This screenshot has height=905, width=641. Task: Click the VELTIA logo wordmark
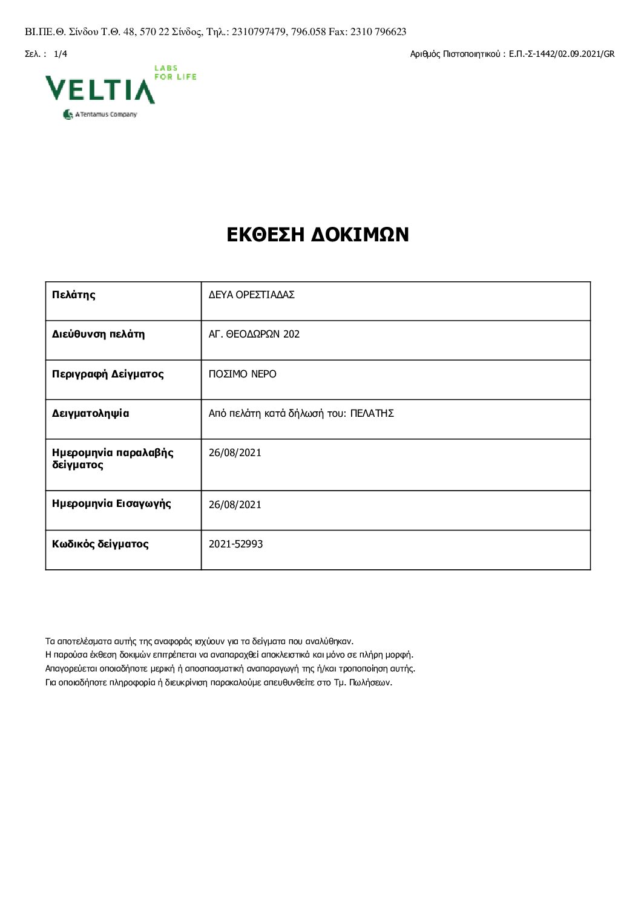pos(100,90)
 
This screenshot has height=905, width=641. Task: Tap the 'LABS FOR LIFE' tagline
pos(175,73)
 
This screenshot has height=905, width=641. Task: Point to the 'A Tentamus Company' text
pos(105,114)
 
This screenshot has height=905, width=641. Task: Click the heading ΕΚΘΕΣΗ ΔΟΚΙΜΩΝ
pos(318,235)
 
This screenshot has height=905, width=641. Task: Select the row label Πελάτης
pos(74,295)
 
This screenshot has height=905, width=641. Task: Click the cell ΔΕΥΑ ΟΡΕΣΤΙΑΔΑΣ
pos(251,295)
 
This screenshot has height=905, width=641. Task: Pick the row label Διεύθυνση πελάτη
pos(98,334)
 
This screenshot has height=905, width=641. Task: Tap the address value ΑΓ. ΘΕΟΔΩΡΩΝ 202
pos(254,334)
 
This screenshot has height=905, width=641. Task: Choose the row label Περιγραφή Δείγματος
pos(108,374)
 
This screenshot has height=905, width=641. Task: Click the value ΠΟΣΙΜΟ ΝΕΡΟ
pos(242,374)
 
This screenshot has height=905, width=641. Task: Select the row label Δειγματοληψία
pos(90,414)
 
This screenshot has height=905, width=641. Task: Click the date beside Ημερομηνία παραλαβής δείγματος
pos(235,452)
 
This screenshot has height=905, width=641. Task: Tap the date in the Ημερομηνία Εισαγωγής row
pos(235,505)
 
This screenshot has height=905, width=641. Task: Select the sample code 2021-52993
pos(235,544)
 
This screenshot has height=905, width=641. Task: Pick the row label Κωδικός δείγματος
pos(100,544)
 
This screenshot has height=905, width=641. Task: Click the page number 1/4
pos(61,54)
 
